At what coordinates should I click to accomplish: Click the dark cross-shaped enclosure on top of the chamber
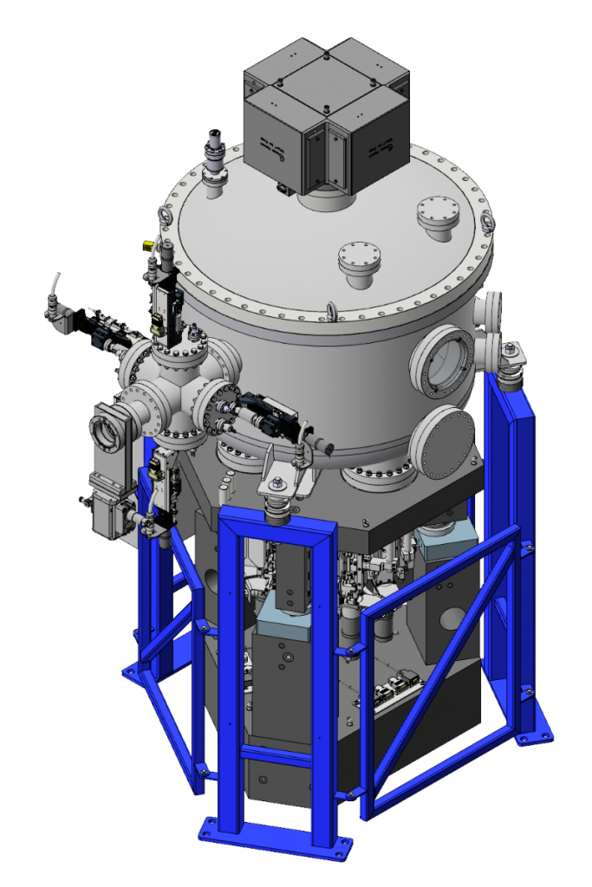325,113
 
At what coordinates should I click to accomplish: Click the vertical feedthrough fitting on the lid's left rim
213,156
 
